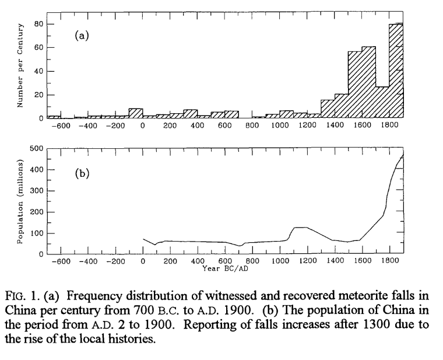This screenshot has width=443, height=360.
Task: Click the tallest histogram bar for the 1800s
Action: click(396, 70)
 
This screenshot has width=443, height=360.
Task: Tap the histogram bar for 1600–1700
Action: click(368, 82)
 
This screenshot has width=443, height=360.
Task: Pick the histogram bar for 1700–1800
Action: click(382, 102)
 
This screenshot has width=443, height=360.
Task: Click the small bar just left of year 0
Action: click(135, 113)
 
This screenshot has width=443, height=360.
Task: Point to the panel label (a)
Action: click(82, 36)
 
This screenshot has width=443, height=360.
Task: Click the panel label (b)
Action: click(82, 173)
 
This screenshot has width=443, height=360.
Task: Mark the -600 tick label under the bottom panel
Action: click(60, 263)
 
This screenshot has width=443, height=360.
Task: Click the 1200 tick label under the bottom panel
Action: click(307, 263)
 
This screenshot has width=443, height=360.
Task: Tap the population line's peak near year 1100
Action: click(300, 227)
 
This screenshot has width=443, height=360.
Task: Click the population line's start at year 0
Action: click(143, 239)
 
